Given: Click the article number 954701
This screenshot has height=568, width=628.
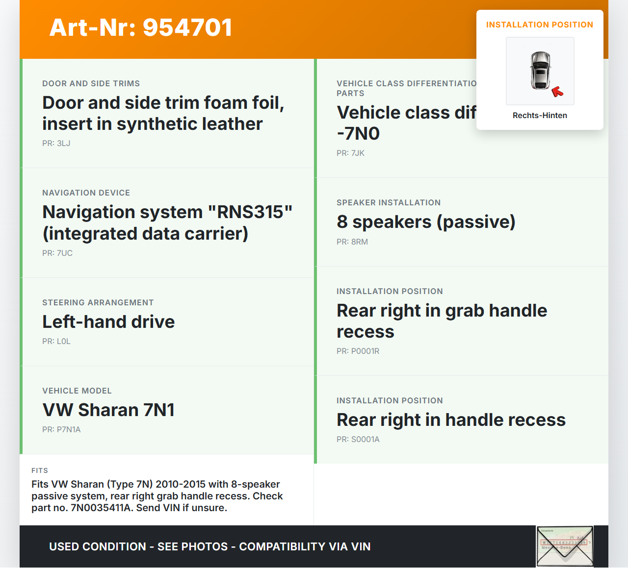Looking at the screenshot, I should (187, 27).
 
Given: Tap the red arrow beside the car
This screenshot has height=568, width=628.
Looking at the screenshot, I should (557, 91).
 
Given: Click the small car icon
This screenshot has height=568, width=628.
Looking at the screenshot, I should (540, 71).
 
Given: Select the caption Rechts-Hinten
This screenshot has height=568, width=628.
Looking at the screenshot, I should (540, 115).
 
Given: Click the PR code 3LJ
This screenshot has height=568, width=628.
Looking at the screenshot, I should (63, 143).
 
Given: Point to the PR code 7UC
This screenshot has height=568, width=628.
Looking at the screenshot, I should (64, 253).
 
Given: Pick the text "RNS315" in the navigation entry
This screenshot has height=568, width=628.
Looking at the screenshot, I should (250, 212).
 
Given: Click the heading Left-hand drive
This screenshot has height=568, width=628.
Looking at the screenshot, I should (108, 322).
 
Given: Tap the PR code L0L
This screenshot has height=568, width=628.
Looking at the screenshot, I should (63, 341).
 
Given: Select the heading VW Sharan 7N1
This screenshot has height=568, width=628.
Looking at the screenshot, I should (108, 410).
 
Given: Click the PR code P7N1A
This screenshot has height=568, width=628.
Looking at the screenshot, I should (68, 429).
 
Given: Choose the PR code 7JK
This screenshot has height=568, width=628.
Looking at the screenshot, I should (358, 153).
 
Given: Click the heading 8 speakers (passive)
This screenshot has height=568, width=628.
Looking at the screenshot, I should (426, 222).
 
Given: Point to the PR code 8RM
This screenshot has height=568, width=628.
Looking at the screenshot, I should (359, 242).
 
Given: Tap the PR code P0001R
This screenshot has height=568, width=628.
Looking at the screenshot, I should (365, 351).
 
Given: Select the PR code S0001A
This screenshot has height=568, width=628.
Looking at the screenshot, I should (365, 439).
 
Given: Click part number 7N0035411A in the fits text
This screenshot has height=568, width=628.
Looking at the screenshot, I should (101, 508).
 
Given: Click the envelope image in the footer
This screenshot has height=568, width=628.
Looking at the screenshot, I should (565, 546).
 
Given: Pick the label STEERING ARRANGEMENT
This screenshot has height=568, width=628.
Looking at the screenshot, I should (98, 302).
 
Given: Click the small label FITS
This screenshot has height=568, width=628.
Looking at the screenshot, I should (40, 470).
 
